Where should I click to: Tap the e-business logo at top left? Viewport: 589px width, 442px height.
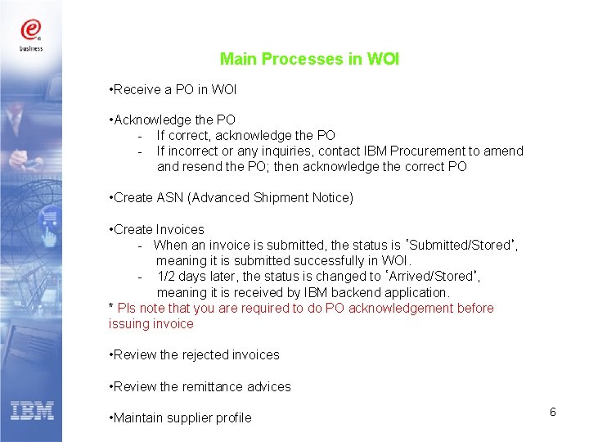click(31, 34)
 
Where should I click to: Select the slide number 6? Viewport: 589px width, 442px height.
click(553, 412)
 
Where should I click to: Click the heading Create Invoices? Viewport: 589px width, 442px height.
click(160, 230)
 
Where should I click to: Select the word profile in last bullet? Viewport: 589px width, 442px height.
click(234, 418)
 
